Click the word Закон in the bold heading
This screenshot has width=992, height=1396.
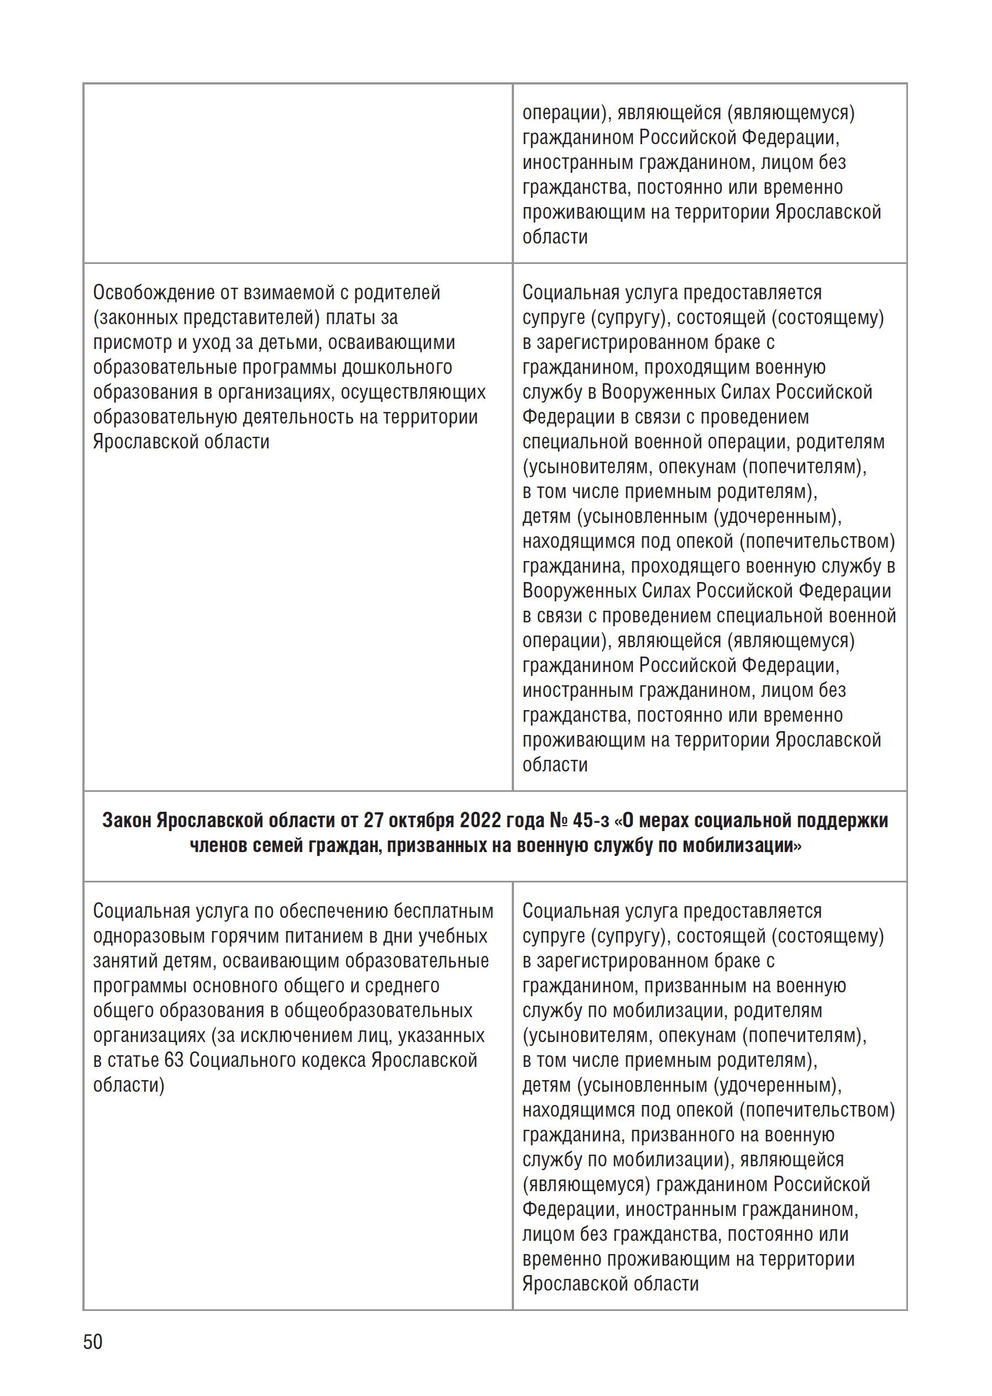(x=127, y=821)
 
